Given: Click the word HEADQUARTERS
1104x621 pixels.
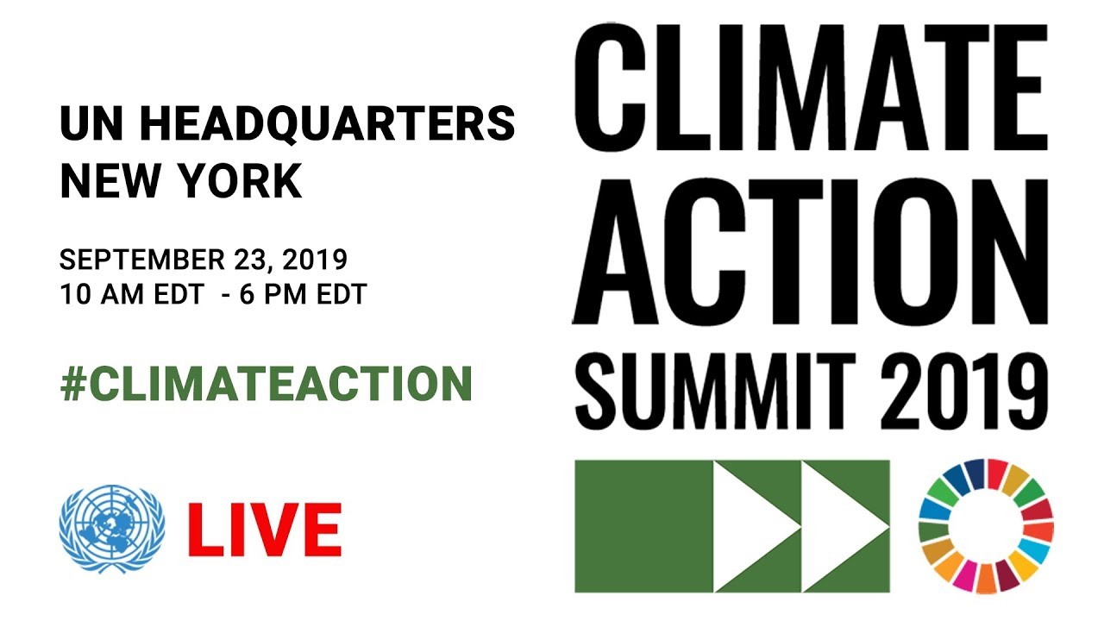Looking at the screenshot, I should (327, 124).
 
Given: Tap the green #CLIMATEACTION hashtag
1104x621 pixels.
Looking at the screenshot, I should (267, 385).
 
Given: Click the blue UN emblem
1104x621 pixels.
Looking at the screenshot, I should (111, 528).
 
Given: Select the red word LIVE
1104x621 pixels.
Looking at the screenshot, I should (265, 529).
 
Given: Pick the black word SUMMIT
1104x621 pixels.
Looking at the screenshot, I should (726, 387).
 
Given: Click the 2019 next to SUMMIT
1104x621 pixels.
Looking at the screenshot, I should (969, 387).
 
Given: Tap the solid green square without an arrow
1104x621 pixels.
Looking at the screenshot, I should (643, 526).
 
